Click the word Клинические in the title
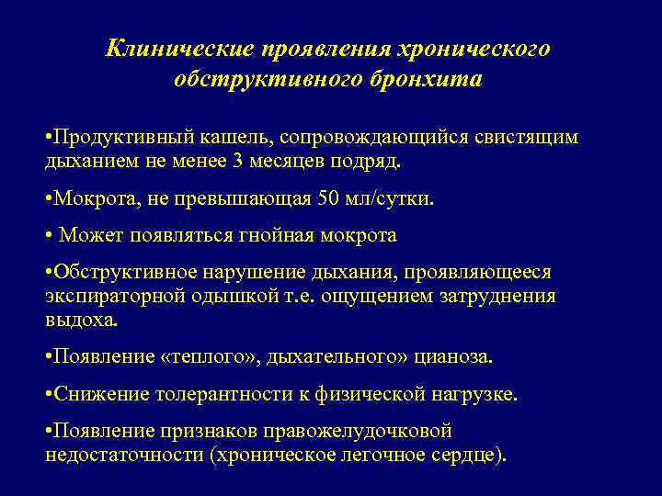click(180, 48)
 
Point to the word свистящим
click(527, 137)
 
